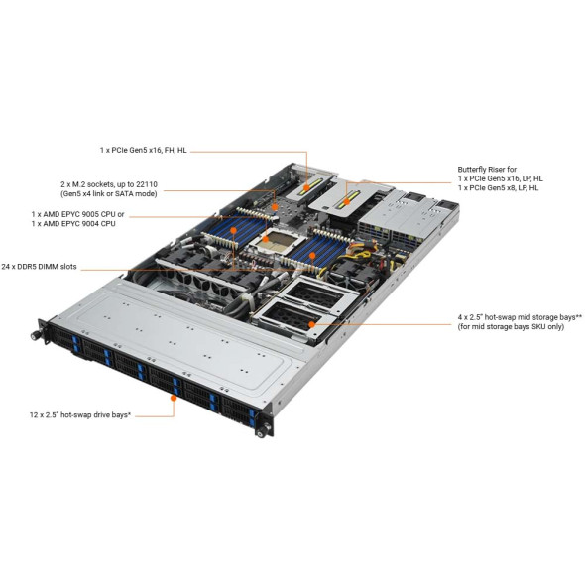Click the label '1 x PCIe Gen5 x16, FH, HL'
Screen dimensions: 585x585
[143, 151]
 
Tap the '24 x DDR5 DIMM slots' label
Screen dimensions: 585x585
[39, 267]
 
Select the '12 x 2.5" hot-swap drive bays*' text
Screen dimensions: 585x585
[80, 414]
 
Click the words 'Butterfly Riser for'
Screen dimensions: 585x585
[487, 169]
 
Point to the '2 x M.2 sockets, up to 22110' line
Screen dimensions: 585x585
[109, 184]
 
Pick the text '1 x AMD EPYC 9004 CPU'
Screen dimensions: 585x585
[73, 223]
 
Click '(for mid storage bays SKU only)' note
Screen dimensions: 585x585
[511, 327]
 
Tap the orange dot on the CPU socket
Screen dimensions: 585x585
[266, 239]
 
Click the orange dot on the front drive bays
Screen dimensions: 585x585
[174, 398]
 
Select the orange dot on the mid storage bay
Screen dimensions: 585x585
[311, 324]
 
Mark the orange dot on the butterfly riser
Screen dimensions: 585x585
[346, 202]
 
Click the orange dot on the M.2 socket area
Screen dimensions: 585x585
[275, 206]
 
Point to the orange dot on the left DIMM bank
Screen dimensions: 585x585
[233, 230]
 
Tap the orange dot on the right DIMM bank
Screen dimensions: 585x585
[312, 256]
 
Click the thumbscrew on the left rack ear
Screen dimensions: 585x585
[35, 336]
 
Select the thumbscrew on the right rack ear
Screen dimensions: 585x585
[261, 432]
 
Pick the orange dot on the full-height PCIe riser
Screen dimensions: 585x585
[306, 187]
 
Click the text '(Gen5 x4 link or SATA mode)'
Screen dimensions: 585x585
[108, 193]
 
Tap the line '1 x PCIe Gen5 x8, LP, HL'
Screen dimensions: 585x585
[498, 187]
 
